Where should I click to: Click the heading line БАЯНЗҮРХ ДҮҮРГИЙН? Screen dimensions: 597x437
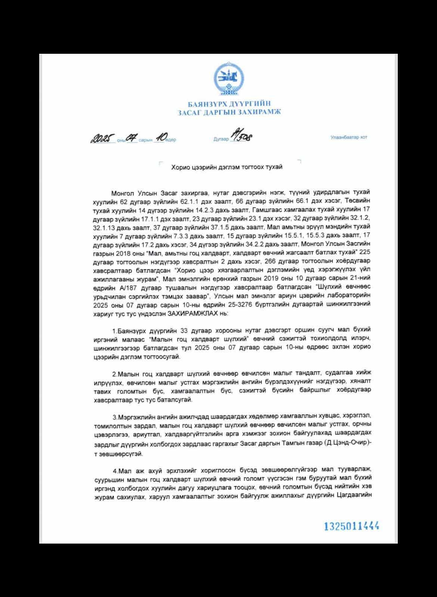[229, 104]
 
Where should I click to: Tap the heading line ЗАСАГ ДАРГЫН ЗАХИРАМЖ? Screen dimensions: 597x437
[229, 112]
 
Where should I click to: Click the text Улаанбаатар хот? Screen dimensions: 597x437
[348, 137]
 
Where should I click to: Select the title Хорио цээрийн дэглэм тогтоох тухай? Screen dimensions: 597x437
[227, 167]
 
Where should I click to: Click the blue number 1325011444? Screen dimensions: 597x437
[351, 526]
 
